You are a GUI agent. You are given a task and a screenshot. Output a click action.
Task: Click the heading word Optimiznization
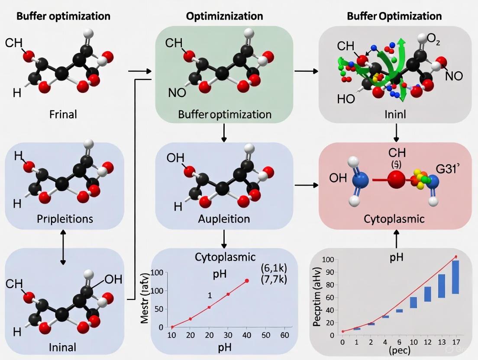pos(224,16)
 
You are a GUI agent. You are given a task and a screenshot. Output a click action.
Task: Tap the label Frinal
pos(63,115)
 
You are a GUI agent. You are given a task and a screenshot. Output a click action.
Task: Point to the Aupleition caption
pos(223,219)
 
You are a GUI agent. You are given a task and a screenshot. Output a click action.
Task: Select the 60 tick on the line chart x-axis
pos(284,336)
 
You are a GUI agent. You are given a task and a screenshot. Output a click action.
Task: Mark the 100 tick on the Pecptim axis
pos(329,260)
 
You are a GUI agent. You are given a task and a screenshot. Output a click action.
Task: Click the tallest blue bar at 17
pos(455,277)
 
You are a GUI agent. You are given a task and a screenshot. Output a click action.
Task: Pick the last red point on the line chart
pos(247,281)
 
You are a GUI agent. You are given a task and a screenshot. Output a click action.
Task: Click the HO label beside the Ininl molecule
pos(346,99)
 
